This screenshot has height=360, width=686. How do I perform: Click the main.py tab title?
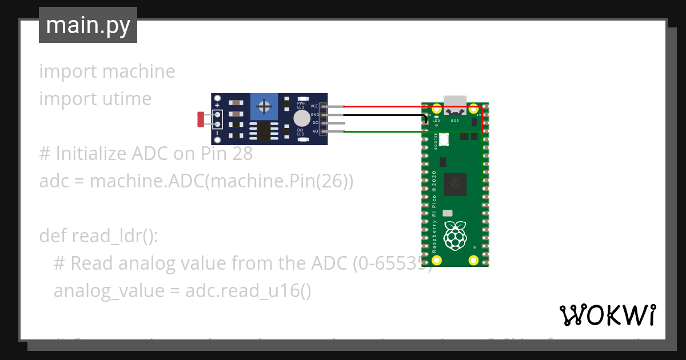tap(88, 25)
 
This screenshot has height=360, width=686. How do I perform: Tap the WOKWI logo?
tap(607, 315)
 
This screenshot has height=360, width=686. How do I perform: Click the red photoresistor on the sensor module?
tap(201, 119)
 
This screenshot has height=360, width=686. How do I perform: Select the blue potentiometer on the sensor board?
tap(264, 106)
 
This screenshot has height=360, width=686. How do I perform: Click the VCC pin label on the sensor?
tap(314, 106)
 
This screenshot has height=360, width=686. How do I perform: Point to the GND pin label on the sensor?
tap(314, 115)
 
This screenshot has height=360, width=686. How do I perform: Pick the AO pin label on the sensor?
tap(315, 131)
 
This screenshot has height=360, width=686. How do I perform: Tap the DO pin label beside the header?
tap(315, 123)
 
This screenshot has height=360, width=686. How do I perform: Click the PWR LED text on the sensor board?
tap(301, 105)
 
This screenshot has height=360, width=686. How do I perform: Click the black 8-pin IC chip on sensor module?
tap(264, 131)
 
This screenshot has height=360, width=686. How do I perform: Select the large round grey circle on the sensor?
tap(301, 118)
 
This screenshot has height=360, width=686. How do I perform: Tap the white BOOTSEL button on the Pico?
tap(444, 139)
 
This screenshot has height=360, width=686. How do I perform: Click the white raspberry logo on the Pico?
tap(455, 235)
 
